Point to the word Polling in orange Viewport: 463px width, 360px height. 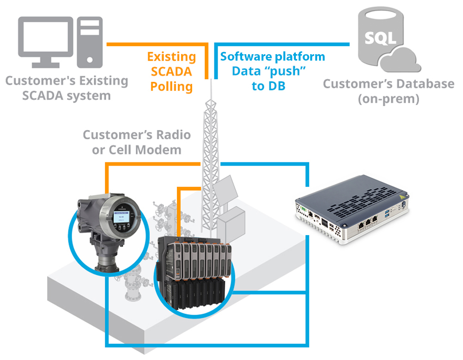click(172, 87)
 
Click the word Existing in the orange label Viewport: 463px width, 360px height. click(171, 57)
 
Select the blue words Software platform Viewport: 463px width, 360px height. click(272, 57)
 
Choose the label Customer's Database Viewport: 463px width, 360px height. click(388, 84)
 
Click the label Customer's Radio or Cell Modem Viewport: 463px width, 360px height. click(137, 142)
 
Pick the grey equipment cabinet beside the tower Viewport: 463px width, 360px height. click(231, 227)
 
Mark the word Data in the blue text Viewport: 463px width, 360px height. click(244, 72)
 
